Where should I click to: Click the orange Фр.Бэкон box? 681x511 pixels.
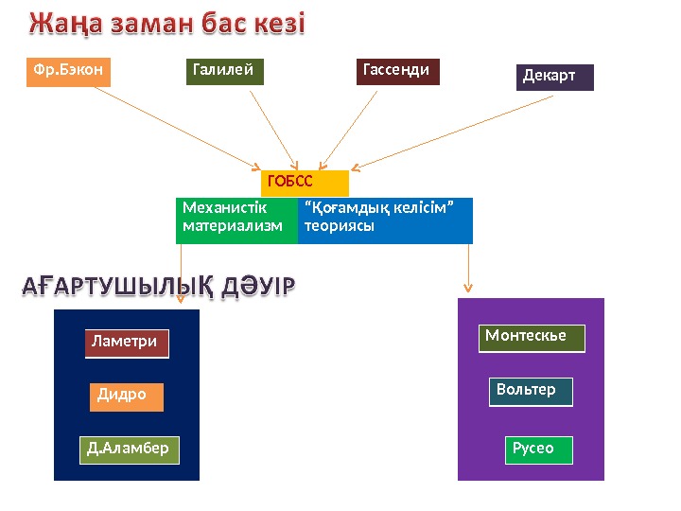click(68, 72)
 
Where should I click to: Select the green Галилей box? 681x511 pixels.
click(224, 72)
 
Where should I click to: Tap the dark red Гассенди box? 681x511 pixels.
click(398, 72)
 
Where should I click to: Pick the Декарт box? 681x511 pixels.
click(555, 77)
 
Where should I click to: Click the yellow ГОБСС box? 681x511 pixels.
click(305, 183)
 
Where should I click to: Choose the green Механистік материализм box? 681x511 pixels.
click(236, 220)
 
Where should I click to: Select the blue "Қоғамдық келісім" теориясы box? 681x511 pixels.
click(385, 220)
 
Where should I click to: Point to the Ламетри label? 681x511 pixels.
click(127, 344)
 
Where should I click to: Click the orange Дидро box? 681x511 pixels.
click(127, 396)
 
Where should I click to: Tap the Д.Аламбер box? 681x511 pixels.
click(129, 449)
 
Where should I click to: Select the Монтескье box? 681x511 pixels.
click(532, 338)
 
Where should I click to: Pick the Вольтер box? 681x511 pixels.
click(531, 392)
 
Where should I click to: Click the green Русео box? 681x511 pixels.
click(538, 449)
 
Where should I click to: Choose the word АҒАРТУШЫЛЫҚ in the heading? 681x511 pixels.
click(118, 285)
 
